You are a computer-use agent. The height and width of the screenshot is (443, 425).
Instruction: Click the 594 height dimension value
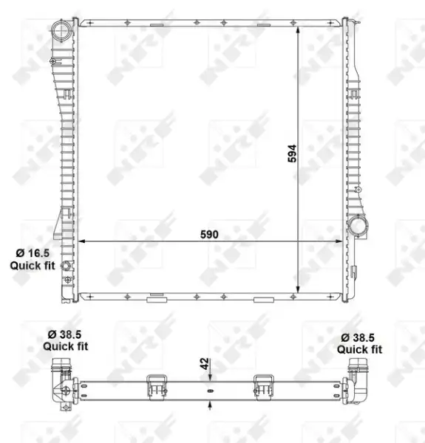[x=292, y=154]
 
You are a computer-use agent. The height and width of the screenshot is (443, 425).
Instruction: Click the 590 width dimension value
[x=209, y=235]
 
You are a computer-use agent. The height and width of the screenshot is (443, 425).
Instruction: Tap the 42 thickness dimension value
[x=205, y=363]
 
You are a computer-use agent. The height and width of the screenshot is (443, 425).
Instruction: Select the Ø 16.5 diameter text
[x=33, y=253]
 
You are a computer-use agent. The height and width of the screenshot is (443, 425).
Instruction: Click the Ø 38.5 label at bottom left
[x=64, y=334]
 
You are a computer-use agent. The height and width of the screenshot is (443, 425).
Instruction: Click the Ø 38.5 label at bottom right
[x=358, y=337]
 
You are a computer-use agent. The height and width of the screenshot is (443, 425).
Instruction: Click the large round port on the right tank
[x=358, y=226]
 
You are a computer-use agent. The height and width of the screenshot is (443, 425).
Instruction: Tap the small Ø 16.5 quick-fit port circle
[x=67, y=266]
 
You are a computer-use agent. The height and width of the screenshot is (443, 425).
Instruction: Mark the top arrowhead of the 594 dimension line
[x=298, y=30]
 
